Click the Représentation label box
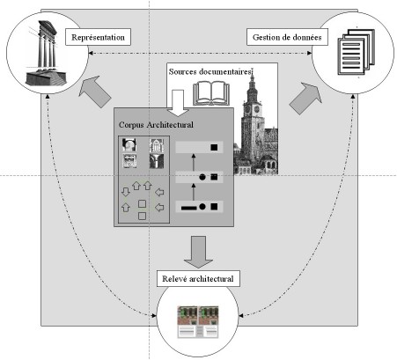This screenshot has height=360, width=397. coord(98,37)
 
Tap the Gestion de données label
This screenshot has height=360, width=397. coord(287,37)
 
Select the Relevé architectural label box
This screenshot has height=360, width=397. coord(198,278)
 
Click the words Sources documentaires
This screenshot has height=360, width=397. coord(210,71)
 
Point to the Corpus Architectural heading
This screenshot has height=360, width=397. coord(156,125)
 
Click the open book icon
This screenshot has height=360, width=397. coord(211,93)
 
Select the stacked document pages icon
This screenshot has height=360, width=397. coord(357,52)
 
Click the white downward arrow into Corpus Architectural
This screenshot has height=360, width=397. coord(178,103)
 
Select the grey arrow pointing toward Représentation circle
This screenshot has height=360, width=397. coord(95,92)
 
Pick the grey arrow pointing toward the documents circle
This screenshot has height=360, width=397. coord(305,99)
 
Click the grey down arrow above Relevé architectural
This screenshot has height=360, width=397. coord(198,252)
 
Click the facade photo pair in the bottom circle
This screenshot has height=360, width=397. coord(198,322)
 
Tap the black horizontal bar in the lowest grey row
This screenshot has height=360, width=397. coord(189,208)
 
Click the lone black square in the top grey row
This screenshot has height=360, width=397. coord(214,147)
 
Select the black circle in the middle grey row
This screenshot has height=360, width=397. coord(202,177)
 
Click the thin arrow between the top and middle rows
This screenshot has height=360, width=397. coord(194,162)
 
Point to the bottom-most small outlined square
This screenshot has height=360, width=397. coord(142,217)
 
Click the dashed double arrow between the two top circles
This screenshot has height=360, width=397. coord(200,53)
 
